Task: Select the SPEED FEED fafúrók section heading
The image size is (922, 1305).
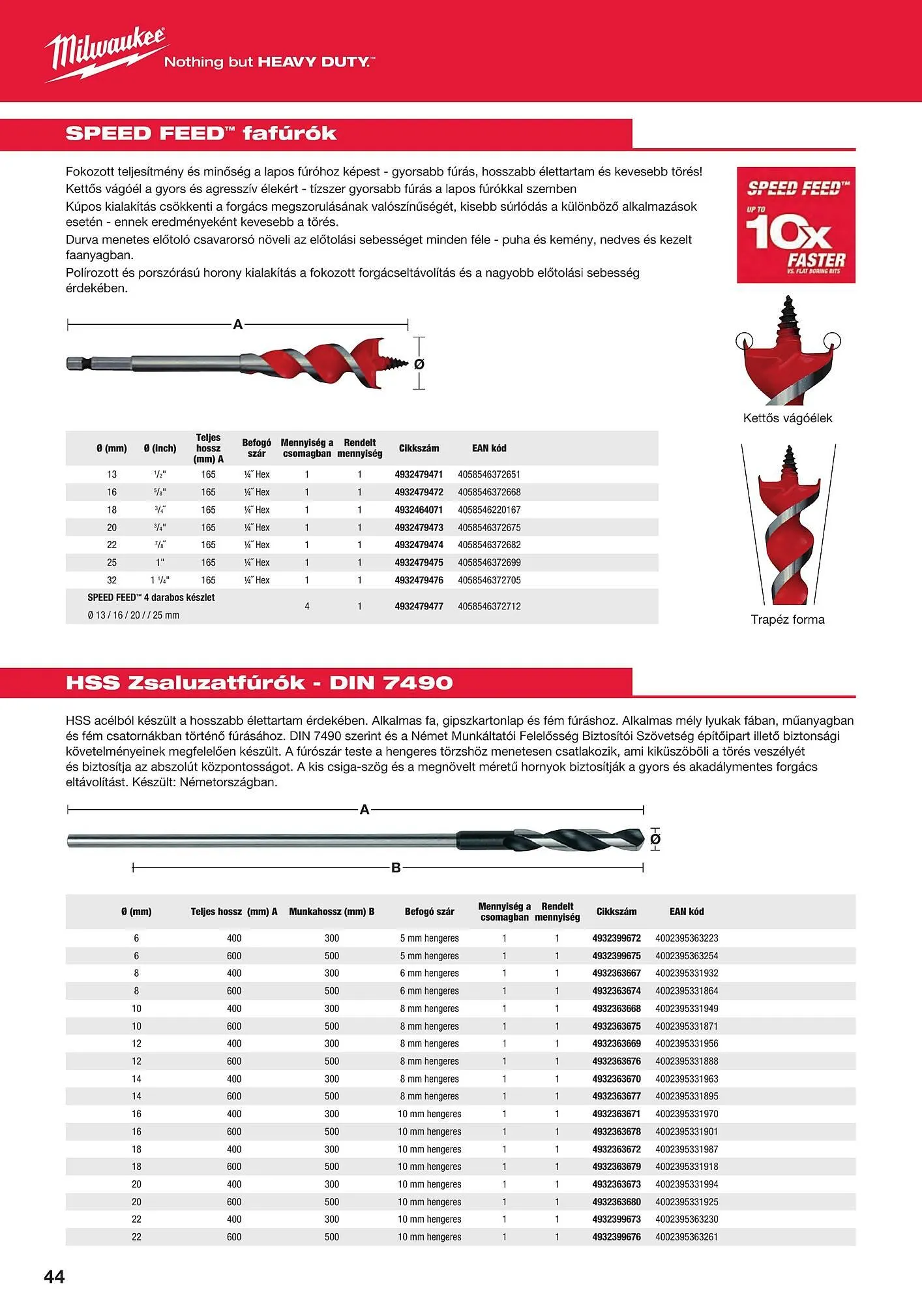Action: [201, 134]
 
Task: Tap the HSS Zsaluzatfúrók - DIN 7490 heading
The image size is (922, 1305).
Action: [259, 683]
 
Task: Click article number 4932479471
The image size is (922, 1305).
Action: [419, 474]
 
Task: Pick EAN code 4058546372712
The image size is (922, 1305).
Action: [489, 606]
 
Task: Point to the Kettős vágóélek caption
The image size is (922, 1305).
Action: [787, 418]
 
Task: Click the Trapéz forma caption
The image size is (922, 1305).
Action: [787, 619]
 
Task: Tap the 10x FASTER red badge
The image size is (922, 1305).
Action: [796, 225]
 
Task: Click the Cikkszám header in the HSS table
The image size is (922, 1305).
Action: [616, 912]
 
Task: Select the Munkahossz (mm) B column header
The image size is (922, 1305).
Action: [331, 912]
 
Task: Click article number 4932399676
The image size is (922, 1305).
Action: [616, 1236]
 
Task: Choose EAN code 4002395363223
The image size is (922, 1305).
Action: [686, 938]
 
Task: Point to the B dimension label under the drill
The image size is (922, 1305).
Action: [396, 868]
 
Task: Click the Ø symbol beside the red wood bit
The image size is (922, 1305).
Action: [419, 364]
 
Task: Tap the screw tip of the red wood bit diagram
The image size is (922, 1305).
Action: [397, 363]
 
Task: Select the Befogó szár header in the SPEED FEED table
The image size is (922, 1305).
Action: [256, 448]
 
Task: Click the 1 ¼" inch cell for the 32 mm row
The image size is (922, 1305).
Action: [160, 580]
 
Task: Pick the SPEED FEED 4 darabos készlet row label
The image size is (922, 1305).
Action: [151, 598]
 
